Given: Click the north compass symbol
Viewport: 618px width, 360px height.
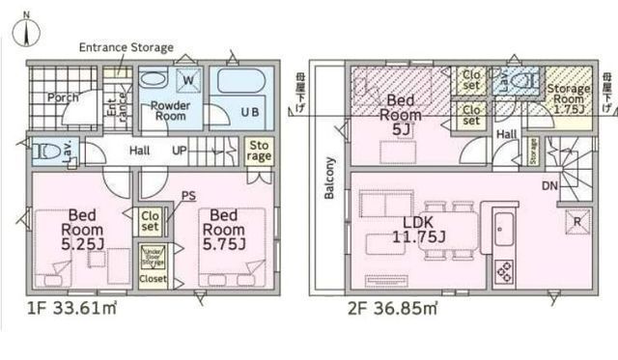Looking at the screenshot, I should pos(27,30).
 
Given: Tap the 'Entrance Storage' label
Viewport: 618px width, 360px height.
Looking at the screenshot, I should pos(126,47).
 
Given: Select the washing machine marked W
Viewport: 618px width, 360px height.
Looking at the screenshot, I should pos(185,80).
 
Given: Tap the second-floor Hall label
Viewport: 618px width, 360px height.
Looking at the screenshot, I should pos(506,136).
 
